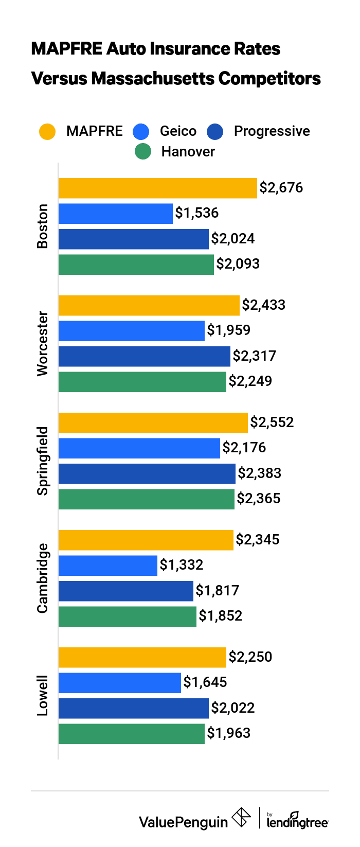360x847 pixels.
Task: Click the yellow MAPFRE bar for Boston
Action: [157, 188]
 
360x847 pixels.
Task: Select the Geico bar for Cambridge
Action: [107, 566]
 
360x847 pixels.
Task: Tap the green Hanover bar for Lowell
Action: [131, 734]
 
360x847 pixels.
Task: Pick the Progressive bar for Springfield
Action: [147, 474]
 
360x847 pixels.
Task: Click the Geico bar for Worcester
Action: [131, 331]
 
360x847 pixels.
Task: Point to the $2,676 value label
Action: [281, 188]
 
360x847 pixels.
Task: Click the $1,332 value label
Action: [182, 565]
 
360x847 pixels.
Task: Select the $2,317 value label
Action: [255, 356]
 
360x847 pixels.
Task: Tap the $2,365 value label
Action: [259, 499]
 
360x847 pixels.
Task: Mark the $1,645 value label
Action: [205, 682]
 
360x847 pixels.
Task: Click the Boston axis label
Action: [43, 226]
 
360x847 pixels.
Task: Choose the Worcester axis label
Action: [43, 344]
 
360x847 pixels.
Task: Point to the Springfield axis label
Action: [43, 461]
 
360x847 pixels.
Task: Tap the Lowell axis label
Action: [43, 696]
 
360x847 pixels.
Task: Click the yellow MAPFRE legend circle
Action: [47, 132]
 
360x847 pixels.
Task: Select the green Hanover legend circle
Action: [142, 152]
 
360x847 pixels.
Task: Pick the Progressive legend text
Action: [272, 131]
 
